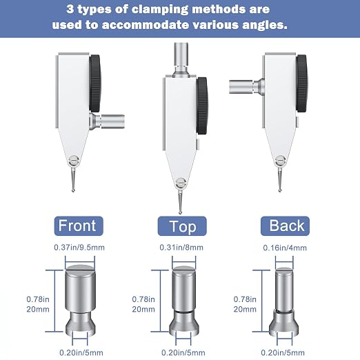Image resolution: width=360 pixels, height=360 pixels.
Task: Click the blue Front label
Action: pyautogui.click(x=79, y=226)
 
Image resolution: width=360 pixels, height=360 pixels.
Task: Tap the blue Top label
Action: pyautogui.click(x=182, y=226)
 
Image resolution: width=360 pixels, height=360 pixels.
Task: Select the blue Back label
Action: pyautogui.click(x=285, y=226)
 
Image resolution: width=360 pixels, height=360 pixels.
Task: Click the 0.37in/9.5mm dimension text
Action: pyautogui.click(x=79, y=248)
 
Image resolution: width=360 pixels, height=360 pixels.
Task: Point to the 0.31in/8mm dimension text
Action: pyautogui.click(x=181, y=248)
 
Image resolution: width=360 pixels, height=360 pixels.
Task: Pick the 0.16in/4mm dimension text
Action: pyautogui.click(x=285, y=248)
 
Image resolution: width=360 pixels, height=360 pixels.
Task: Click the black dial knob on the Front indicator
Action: pyautogui.click(x=94, y=83)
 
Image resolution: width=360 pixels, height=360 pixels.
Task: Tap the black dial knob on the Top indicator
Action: pyautogui.click(x=202, y=106)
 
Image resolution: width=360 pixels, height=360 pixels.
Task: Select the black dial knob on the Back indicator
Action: pyautogui.click(x=301, y=83)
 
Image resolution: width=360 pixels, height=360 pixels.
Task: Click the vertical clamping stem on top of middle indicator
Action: pyautogui.click(x=181, y=60)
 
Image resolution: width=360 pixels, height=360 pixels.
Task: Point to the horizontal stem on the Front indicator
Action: pyautogui.click(x=107, y=121)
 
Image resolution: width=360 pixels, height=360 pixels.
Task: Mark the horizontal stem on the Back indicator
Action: pyautogui.click(x=247, y=86)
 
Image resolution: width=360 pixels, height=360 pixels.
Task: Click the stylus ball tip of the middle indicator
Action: pyautogui.click(x=180, y=212)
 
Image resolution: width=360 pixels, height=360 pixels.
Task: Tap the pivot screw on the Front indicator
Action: pyautogui.click(x=74, y=160)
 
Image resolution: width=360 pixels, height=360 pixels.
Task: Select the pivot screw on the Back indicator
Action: pyautogui.click(x=281, y=160)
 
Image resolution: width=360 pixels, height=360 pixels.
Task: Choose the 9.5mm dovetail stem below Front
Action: pyautogui.click(x=81, y=300)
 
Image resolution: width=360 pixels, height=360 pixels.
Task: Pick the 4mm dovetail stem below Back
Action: pyautogui.click(x=284, y=302)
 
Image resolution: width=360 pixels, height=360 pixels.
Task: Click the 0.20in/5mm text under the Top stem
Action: pyautogui.click(x=183, y=352)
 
